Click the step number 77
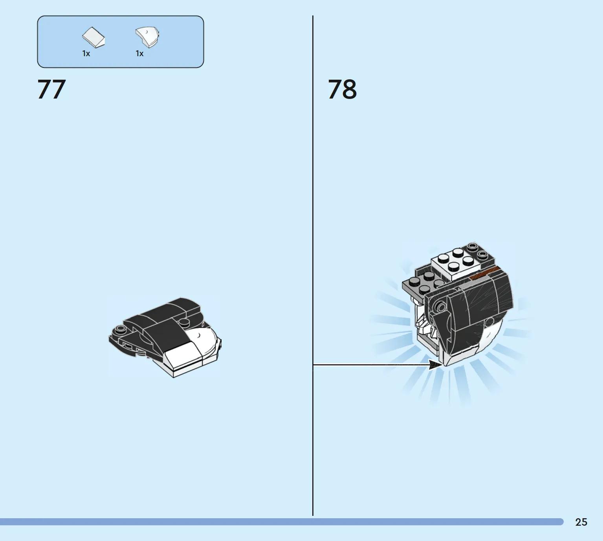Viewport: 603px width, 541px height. click(x=51, y=89)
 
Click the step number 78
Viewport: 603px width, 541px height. click(x=342, y=89)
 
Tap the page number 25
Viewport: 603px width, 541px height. click(x=581, y=522)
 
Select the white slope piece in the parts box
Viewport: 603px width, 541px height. click(x=93, y=37)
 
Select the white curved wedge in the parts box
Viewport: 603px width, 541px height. click(x=147, y=37)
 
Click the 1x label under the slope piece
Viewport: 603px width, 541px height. click(x=86, y=53)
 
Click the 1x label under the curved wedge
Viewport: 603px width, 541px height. click(x=139, y=53)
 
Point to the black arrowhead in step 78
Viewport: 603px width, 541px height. click(x=435, y=364)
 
